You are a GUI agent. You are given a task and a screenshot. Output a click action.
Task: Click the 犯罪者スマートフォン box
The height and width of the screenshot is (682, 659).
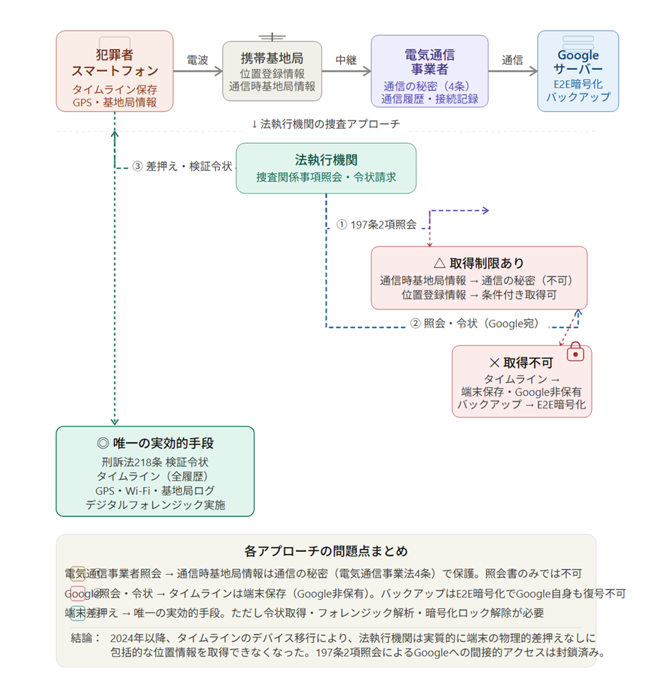click(x=114, y=71)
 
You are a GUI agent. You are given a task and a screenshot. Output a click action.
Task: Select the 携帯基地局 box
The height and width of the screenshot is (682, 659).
click(x=272, y=71)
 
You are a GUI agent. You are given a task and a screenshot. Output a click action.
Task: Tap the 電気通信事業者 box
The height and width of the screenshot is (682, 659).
click(x=430, y=71)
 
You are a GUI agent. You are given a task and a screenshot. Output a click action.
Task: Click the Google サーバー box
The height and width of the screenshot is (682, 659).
click(x=578, y=71)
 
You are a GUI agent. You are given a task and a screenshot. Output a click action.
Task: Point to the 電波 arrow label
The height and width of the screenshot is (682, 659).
click(x=197, y=60)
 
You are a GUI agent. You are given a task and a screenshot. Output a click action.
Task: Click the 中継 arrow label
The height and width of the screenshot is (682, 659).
click(x=346, y=60)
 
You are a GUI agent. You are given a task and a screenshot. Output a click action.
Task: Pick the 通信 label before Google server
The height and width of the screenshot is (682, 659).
click(x=512, y=60)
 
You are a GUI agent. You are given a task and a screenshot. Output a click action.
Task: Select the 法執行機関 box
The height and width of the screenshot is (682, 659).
click(x=326, y=168)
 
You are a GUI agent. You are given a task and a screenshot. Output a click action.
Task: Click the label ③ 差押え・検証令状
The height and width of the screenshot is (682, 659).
click(x=183, y=166)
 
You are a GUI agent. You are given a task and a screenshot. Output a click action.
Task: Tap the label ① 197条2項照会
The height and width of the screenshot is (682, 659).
click(x=377, y=224)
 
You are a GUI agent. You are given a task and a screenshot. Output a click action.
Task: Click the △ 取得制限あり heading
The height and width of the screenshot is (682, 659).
click(x=478, y=263)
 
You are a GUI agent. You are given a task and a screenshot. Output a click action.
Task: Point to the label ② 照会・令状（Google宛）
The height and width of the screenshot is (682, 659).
click(x=474, y=323)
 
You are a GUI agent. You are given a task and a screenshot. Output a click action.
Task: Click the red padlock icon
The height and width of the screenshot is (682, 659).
click(x=575, y=352)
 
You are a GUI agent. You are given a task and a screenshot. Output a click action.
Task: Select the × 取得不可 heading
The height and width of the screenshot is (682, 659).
click(x=521, y=362)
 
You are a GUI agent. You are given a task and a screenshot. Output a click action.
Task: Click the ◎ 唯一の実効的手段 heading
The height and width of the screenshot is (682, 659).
click(x=155, y=443)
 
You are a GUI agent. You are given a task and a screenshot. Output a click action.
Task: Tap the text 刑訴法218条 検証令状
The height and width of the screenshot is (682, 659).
click(x=155, y=462)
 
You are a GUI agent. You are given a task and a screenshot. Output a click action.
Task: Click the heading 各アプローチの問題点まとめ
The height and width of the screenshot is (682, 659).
click(x=326, y=551)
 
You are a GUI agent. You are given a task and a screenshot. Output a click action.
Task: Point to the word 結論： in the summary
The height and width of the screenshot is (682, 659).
click(x=86, y=638)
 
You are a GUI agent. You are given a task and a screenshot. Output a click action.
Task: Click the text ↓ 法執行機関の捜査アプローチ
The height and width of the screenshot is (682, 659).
click(x=325, y=124)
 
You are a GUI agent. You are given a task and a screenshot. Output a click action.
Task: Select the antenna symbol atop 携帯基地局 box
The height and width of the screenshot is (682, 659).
click(x=272, y=36)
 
